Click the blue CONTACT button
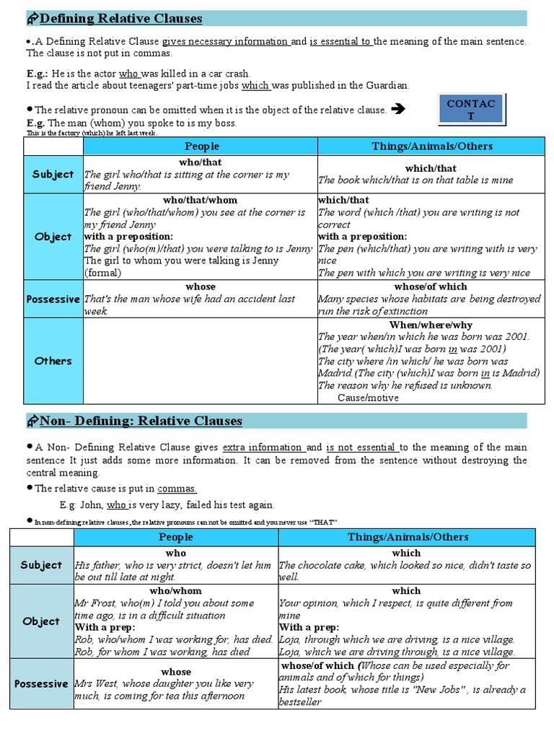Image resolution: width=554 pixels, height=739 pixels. click(x=471, y=110)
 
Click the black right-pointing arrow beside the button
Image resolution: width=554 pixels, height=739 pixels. click(x=397, y=110)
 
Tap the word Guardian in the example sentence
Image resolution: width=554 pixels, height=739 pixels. click(x=387, y=85)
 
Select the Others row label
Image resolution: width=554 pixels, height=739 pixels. click(x=53, y=361)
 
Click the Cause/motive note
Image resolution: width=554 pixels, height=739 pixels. click(x=368, y=398)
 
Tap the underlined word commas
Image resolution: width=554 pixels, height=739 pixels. click(x=177, y=489)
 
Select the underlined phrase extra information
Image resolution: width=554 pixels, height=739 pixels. click(x=263, y=447)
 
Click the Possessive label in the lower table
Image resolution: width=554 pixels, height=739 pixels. click(x=41, y=683)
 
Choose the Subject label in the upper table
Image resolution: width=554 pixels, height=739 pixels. click(x=53, y=174)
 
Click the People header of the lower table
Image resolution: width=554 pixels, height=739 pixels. click(x=176, y=537)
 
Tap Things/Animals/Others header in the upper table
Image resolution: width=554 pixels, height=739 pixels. click(x=432, y=146)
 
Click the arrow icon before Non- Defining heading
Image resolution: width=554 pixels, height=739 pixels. click(x=32, y=421)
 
